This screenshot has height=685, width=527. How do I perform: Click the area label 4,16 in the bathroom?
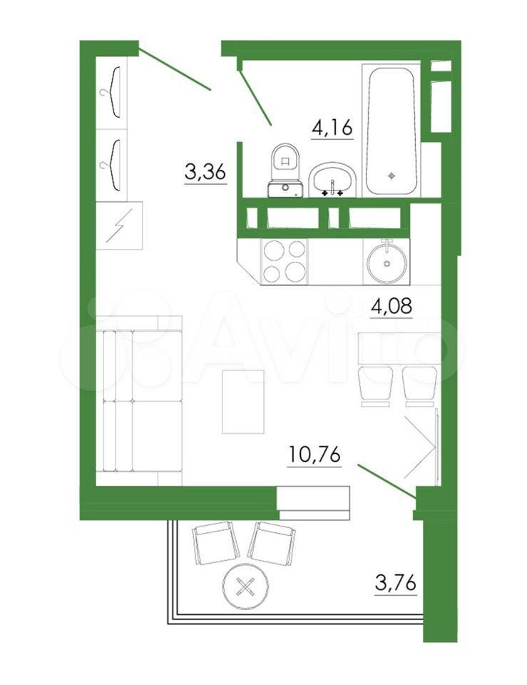point(332,128)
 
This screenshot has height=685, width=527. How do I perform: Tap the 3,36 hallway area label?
point(205,173)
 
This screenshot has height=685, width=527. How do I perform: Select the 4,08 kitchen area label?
point(392,306)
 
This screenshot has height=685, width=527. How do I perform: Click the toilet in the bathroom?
point(285,171)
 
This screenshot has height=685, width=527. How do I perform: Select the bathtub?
point(392,131)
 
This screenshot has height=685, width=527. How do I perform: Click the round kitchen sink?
point(387,262)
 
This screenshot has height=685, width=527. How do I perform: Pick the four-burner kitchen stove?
point(285,261)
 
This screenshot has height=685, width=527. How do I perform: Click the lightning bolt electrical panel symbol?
point(119,225)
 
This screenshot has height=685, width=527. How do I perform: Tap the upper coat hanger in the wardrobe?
point(111,92)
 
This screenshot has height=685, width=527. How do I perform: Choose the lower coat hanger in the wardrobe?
point(111,165)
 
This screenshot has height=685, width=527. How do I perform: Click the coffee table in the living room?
point(243,402)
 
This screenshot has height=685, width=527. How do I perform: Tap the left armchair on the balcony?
point(215,542)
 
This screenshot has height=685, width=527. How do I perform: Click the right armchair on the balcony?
point(272,543)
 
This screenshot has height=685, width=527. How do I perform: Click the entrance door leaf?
point(175,71)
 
